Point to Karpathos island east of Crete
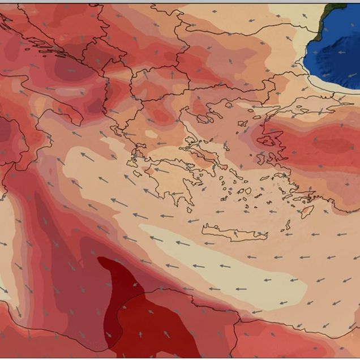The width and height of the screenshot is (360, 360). coord(287,225)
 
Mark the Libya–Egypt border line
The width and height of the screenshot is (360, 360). coord(238,334)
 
